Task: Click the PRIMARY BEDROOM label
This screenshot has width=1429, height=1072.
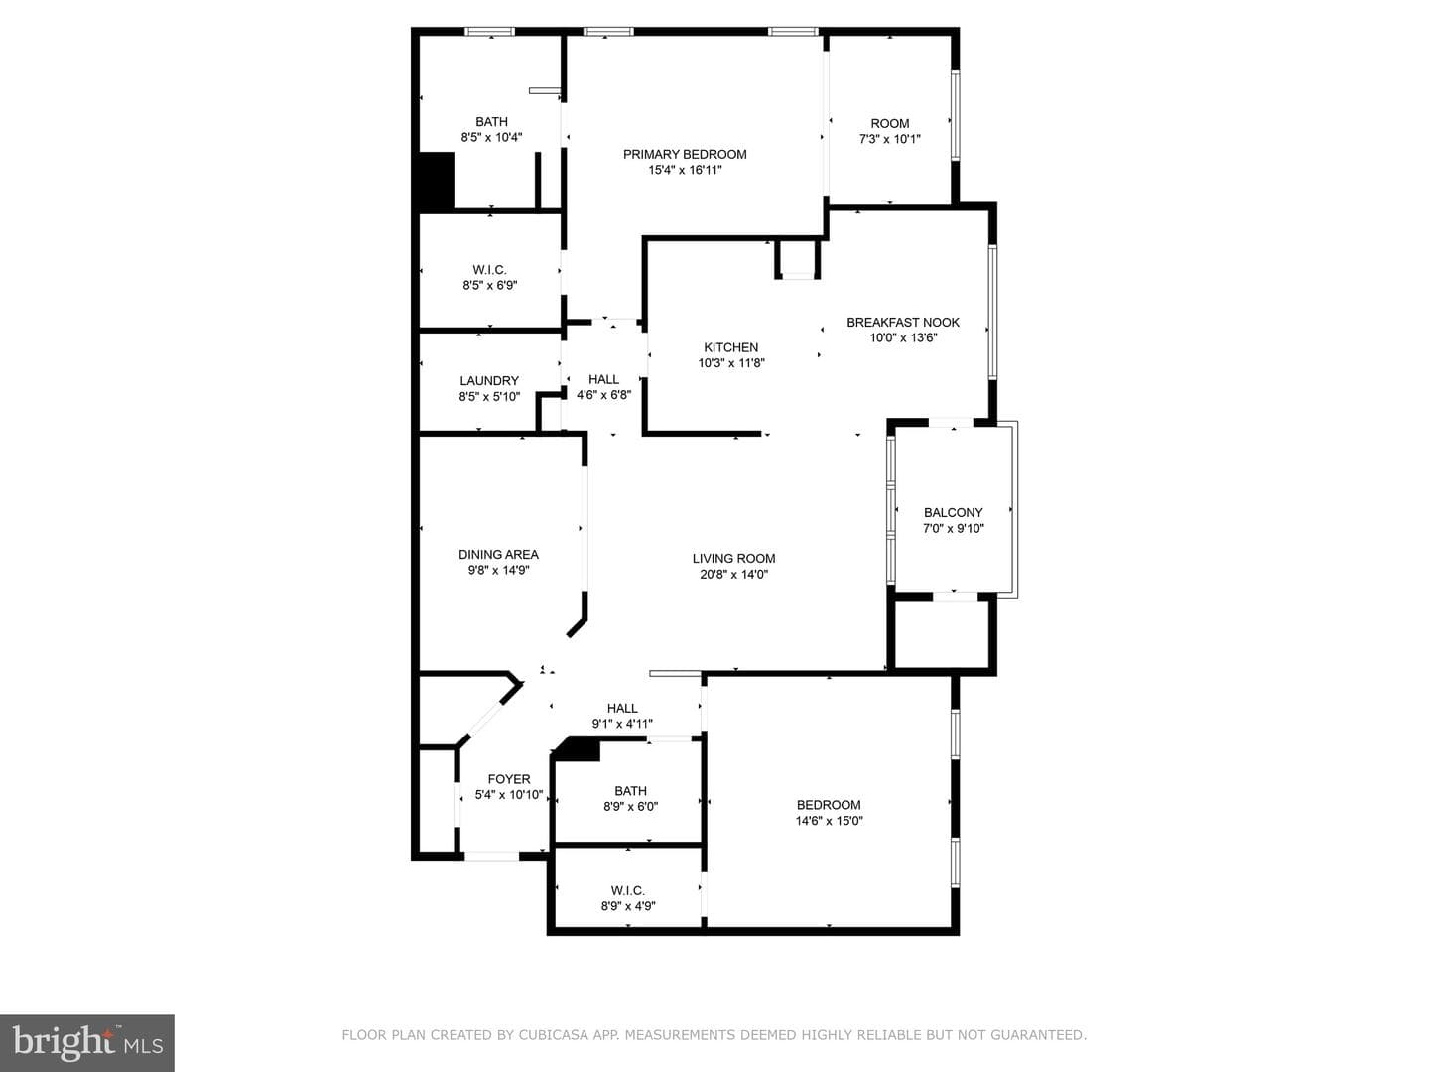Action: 685,154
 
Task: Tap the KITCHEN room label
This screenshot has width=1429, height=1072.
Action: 730,347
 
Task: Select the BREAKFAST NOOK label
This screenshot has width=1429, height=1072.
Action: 903,323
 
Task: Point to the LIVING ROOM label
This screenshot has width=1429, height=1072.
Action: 733,559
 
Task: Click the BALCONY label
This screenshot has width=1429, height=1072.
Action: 953,513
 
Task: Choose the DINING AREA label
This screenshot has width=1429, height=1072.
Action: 498,555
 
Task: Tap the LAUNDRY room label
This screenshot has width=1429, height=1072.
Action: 489,381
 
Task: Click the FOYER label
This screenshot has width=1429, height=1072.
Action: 509,779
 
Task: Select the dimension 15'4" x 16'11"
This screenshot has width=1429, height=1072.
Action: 685,170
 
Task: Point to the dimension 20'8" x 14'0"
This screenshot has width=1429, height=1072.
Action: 733,574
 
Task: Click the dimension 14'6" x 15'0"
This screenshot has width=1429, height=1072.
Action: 829,821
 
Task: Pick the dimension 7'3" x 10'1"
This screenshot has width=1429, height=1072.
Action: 890,139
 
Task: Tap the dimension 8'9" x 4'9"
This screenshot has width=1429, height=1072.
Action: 628,906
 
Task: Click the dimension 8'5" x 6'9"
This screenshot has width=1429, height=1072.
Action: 489,285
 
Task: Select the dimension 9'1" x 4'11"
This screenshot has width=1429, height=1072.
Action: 622,724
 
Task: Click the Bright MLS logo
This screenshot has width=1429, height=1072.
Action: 87,1043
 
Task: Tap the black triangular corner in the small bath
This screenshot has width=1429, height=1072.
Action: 577,748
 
